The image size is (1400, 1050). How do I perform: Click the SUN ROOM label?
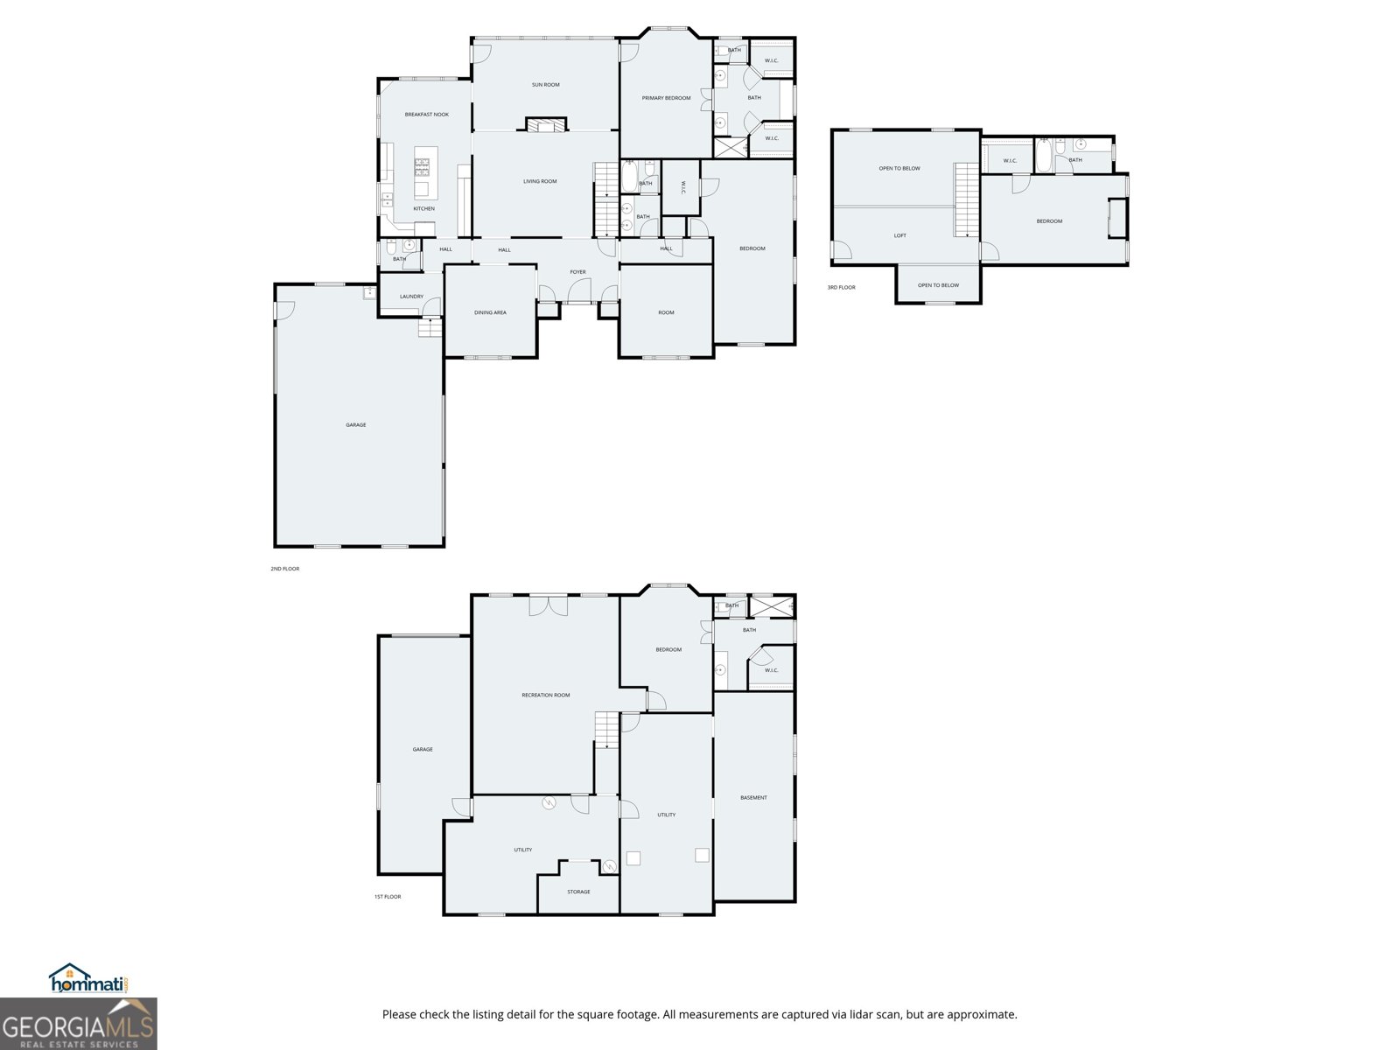[x=545, y=85]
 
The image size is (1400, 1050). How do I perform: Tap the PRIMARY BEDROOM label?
[x=666, y=98]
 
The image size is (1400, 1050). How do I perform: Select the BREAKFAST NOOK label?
[x=427, y=115]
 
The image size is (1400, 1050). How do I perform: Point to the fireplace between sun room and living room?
[x=546, y=124]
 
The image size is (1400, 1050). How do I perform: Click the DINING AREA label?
[x=491, y=313]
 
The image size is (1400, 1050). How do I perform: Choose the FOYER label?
[x=577, y=272]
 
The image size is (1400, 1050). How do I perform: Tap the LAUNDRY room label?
[x=411, y=297]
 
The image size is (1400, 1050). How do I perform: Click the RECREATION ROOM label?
[x=545, y=696]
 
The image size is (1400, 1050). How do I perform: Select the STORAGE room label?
[x=578, y=892]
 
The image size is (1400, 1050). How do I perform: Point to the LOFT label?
[x=900, y=236]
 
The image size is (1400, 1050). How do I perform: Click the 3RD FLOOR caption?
[x=841, y=288]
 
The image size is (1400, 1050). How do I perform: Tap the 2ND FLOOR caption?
[x=284, y=569]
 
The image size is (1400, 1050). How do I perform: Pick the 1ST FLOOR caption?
[x=387, y=897]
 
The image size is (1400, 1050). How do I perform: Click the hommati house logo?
[x=89, y=978]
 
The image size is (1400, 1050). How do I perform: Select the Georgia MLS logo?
[x=78, y=1024]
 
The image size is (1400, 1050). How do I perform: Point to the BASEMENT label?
[x=753, y=797]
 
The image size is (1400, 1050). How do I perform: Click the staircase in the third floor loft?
[x=966, y=199]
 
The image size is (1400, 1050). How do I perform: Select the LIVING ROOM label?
[x=540, y=182]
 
